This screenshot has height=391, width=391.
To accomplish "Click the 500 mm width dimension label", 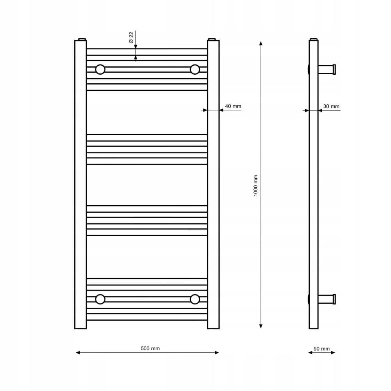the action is (150, 348).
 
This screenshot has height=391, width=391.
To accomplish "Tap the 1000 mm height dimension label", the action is (255, 185).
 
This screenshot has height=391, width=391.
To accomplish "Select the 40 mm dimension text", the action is (233, 106).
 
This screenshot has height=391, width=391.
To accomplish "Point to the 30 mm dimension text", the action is (331, 106).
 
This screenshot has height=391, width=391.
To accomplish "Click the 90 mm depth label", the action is (321, 349).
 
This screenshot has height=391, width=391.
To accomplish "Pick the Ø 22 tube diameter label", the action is (131, 38).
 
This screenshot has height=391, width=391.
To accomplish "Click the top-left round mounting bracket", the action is (100, 70).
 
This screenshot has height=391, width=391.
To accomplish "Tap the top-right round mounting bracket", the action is (195, 70).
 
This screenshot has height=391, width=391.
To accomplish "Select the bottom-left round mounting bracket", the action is (100, 299).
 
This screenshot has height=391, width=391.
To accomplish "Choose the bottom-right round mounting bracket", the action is (195, 299).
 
